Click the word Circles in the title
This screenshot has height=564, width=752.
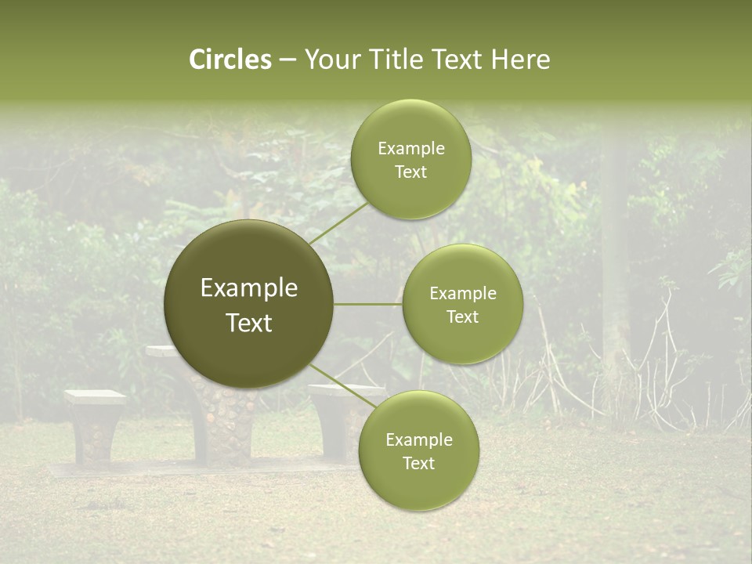coord(230,60)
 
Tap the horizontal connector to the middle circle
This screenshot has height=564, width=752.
coord(368,304)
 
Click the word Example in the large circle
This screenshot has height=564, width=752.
coord(249,288)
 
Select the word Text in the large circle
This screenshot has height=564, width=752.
coord(249,323)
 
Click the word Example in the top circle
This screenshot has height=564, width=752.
coord(410,149)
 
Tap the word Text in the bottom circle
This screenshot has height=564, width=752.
coord(418,463)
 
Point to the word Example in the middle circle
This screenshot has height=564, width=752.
coord(462,294)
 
